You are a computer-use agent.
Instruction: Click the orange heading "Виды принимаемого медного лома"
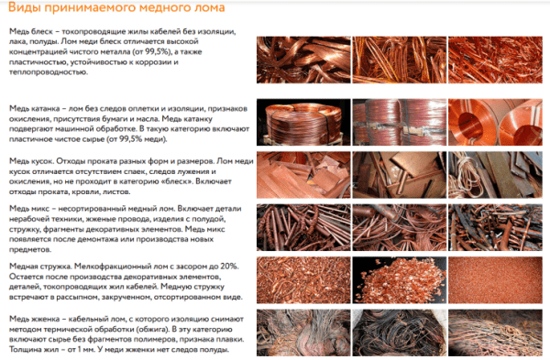pos(116,7)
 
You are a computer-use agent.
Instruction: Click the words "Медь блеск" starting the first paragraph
pos(31,31)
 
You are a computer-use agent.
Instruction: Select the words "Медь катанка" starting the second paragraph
pos(35,109)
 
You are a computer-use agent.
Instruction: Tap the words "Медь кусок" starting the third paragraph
pos(31,161)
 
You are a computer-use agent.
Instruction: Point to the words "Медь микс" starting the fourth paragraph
pos(29,209)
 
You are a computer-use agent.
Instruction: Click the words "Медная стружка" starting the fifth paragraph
pos(40,267)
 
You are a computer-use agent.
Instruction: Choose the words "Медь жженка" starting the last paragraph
pos(34,319)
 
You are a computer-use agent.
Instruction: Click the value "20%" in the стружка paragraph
pos(229,267)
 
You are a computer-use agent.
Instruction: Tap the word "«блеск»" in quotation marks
pos(180,181)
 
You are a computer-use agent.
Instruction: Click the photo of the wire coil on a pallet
pos(303,123)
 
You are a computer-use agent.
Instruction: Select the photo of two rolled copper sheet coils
pos(495,123)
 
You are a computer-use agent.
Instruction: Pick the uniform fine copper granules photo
pos(495,280)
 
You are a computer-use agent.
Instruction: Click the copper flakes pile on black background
pos(400,280)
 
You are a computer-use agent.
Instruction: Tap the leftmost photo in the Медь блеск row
pos(303,60)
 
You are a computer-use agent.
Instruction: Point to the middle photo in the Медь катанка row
pos(400,123)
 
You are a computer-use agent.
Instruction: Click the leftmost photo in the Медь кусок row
pos(303,175)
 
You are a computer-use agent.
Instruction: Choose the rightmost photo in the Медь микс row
pos(495,227)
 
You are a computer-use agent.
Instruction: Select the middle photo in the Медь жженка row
pos(400,333)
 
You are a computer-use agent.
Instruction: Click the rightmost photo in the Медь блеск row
pos(495,60)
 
